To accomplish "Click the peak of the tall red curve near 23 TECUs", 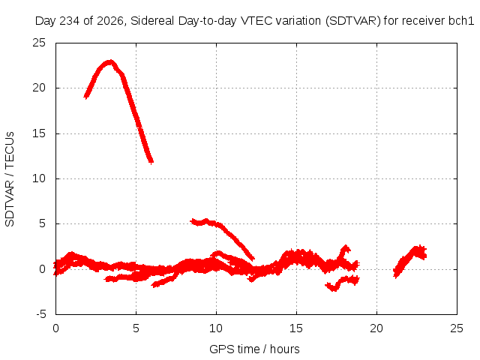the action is tap(110, 62).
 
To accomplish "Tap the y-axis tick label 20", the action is tap(39, 88).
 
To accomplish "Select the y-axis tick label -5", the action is tap(40, 314).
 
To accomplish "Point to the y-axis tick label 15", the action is tap(39, 133).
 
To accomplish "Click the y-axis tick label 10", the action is tap(39, 178).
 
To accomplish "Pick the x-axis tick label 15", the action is tap(296, 328).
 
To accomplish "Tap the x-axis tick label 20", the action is tap(376, 328).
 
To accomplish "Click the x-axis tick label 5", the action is tap(136, 328).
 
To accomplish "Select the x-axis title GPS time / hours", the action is tap(254, 349).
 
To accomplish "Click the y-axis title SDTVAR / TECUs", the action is tap(10, 179).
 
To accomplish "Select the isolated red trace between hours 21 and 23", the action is tap(410, 261).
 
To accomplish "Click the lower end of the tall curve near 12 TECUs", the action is tap(151, 161).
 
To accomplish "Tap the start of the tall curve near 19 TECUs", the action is tap(86, 97).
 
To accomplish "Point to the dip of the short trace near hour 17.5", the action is tap(334, 289).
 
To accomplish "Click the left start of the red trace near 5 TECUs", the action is tap(192, 220).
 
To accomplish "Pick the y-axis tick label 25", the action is tap(39, 43).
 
